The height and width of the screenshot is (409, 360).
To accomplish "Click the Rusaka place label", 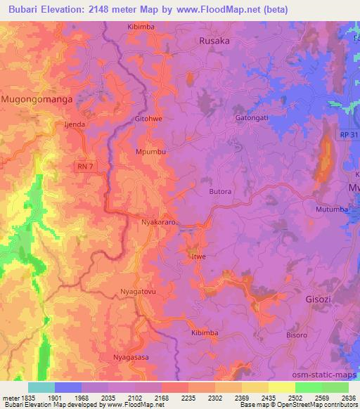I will pyautogui.click(x=214, y=41).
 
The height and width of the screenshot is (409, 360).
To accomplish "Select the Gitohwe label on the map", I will pyautogui.click(x=148, y=119).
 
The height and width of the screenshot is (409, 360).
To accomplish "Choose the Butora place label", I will pyautogui.click(x=221, y=190).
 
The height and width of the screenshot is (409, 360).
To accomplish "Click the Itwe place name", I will pyautogui.click(x=199, y=258).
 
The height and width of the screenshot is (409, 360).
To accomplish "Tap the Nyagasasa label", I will pyautogui.click(x=131, y=358).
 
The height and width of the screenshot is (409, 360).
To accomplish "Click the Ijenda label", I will pyautogui.click(x=74, y=124).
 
